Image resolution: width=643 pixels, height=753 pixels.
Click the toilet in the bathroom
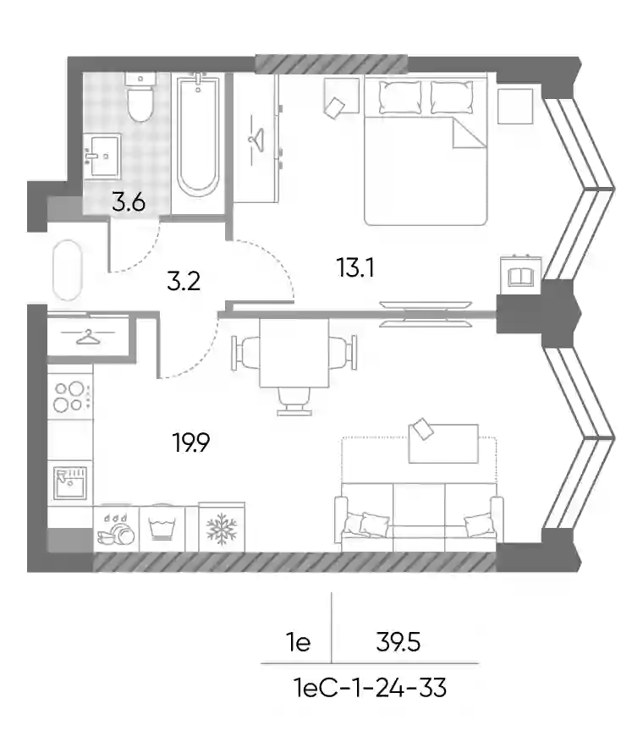140,97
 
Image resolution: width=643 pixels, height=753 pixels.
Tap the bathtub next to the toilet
198,135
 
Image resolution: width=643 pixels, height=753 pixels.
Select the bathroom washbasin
102,156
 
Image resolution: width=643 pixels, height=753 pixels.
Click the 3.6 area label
129,202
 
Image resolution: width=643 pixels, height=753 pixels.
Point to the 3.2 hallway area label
184,281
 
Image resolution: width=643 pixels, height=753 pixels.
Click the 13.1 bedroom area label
356,267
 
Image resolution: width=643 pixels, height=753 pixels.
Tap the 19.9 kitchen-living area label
191,442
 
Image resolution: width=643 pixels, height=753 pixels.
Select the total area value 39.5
398,641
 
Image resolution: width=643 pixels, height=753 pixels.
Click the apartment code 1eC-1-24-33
370,688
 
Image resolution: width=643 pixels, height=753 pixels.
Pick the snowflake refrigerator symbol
222,529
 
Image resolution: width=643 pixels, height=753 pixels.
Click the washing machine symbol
162,528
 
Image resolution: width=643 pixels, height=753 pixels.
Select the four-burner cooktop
69,397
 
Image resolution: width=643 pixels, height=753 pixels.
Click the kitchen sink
70,482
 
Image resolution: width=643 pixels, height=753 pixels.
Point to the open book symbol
520,277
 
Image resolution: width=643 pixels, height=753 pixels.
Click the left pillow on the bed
400,97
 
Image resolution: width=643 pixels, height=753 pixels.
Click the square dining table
294,353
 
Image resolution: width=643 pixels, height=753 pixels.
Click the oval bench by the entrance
68,271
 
